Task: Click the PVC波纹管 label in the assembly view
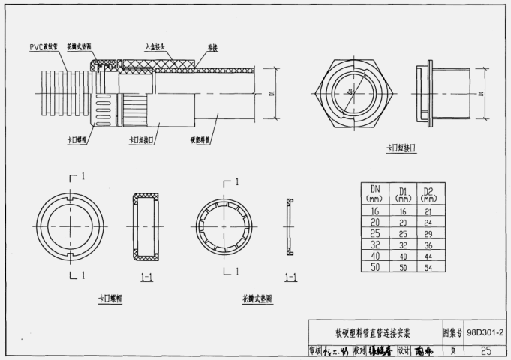tap(47, 46)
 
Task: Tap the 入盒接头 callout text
tap(159, 46)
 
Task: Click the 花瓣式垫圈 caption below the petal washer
tap(257, 298)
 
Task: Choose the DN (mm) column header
tap(374, 193)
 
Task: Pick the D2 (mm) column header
tap(428, 193)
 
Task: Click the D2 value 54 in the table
tap(428, 267)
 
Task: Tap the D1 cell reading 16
tap(402, 212)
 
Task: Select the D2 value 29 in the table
tap(428, 234)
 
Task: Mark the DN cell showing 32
tap(374, 245)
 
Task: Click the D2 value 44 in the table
tap(428, 256)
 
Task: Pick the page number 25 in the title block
tap(485, 350)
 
